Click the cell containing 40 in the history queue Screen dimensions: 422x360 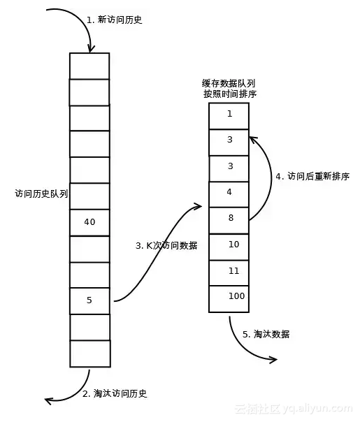tap(89, 222)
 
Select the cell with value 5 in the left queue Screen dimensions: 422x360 tap(89, 300)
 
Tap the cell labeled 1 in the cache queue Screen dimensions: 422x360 tap(229, 115)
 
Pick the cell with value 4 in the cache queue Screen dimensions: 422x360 tap(229, 191)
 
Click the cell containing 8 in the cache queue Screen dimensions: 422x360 tap(229, 218)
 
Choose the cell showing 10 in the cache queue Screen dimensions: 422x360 tap(229, 245)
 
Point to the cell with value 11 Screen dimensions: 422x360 tap(229, 270)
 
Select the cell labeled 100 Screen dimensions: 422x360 tap(229, 297)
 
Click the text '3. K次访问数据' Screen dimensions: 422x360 tap(166, 246)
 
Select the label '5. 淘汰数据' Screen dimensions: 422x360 tap(266, 334)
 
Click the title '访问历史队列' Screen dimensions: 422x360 tap(41, 194)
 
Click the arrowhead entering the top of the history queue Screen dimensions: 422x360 tap(90, 49)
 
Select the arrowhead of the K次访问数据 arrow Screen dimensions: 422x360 tap(198, 205)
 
